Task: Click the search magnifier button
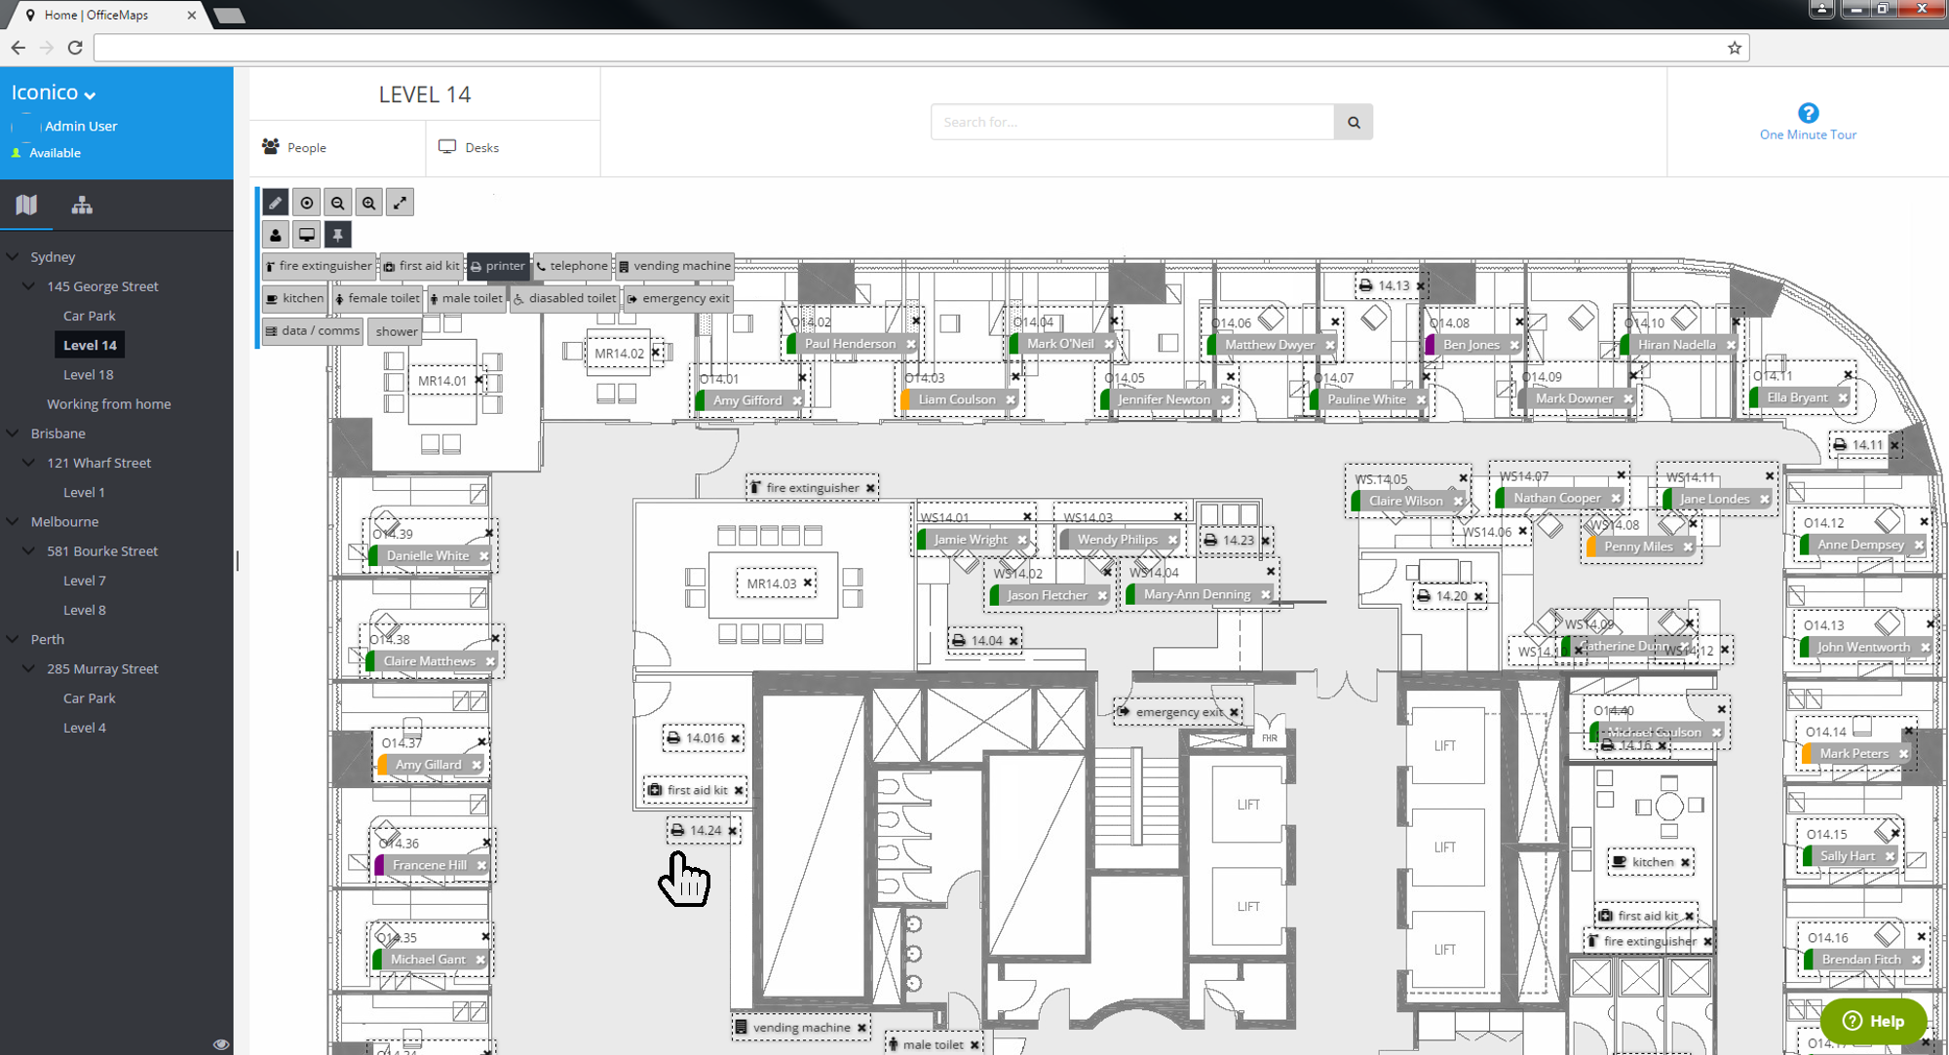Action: (1353, 122)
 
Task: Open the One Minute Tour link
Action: (1807, 134)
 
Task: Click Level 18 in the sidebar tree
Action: (88, 374)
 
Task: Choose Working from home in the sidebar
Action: (108, 403)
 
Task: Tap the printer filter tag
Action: (498, 266)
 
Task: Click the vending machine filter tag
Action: (674, 266)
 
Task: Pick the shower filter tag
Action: (396, 331)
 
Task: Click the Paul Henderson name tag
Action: (849, 344)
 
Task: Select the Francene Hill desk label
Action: (429, 865)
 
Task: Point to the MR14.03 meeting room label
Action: (771, 584)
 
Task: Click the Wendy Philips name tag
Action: (1117, 540)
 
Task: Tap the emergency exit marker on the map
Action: (1177, 712)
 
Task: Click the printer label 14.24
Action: (703, 830)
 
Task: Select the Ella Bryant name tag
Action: (1796, 397)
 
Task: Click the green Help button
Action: (1873, 1020)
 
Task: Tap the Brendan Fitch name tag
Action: (1860, 960)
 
